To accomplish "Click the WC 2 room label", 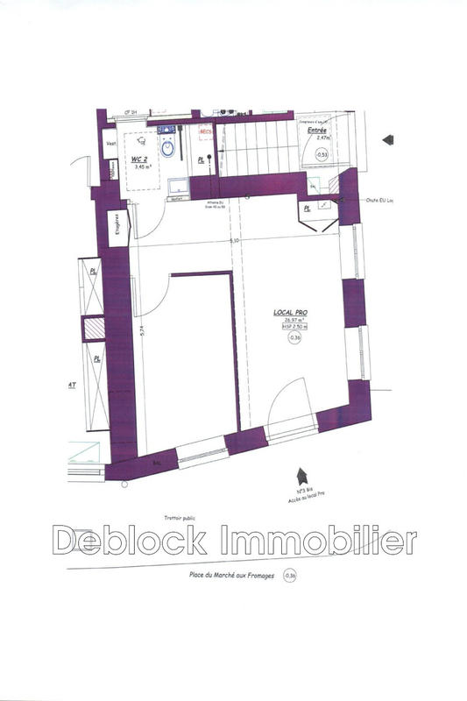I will [138, 159].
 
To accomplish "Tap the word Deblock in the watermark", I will [131, 542].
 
